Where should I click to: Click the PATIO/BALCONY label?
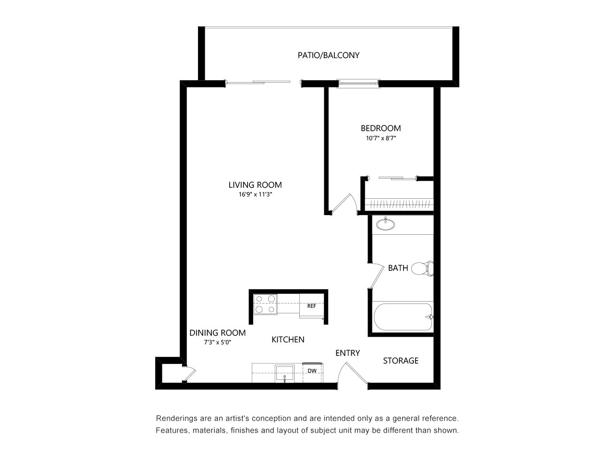pyautogui.click(x=328, y=55)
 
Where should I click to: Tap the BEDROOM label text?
pyautogui.click(x=381, y=128)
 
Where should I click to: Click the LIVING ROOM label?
pyautogui.click(x=255, y=185)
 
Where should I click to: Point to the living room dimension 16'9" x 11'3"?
pyautogui.click(x=255, y=195)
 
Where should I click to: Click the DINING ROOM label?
pyautogui.click(x=217, y=333)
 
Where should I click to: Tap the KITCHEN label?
pyautogui.click(x=288, y=340)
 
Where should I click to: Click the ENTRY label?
pyautogui.click(x=347, y=353)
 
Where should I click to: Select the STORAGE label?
pyautogui.click(x=400, y=361)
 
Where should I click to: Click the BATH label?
pyautogui.click(x=398, y=268)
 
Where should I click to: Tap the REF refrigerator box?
pyautogui.click(x=312, y=306)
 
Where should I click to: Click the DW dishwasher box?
pyautogui.click(x=312, y=371)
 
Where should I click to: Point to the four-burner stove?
pyautogui.click(x=265, y=304)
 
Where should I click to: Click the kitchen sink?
pyautogui.click(x=285, y=373)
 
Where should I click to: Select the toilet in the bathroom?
pyautogui.click(x=423, y=268)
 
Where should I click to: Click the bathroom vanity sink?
pyautogui.click(x=385, y=223)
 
